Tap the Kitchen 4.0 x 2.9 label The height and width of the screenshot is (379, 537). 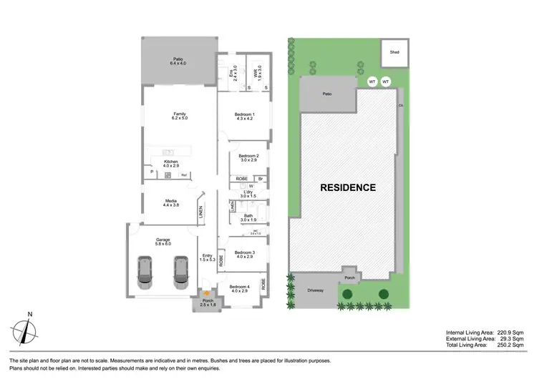[x=170, y=164]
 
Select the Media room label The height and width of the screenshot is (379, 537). [x=170, y=203]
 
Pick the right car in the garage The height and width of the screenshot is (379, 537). [x=180, y=272]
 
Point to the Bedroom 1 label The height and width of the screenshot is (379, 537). [x=245, y=117]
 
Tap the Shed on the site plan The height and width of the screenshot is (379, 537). [x=394, y=52]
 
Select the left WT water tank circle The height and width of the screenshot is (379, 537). [x=372, y=82]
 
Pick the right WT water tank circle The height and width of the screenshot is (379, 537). [x=386, y=82]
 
